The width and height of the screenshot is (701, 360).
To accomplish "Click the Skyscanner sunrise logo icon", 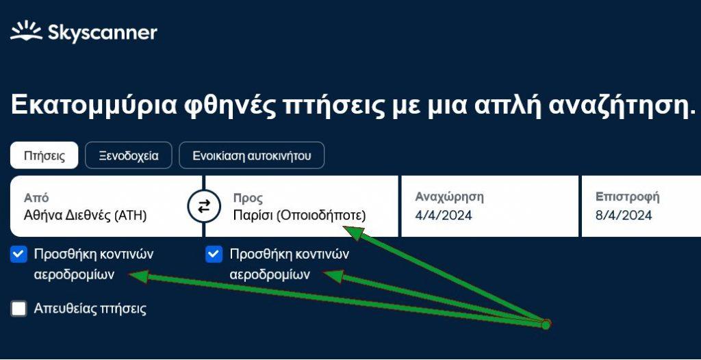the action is (x=26, y=31).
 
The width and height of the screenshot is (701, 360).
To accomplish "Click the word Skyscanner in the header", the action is (x=103, y=33).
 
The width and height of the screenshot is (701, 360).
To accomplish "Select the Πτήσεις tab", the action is (x=44, y=155).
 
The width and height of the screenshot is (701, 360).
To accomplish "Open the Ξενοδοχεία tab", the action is (x=128, y=155).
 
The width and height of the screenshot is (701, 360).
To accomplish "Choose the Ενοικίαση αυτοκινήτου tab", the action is (x=252, y=155).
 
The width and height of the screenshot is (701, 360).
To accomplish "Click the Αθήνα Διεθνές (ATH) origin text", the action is (x=86, y=216).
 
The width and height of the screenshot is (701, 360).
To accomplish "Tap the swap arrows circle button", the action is (x=204, y=206).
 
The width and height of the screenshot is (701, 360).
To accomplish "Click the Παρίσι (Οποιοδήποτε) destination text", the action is (x=300, y=216).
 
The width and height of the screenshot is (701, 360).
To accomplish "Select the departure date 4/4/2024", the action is (x=444, y=216).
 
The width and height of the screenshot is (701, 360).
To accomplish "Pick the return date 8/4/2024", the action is (x=624, y=215).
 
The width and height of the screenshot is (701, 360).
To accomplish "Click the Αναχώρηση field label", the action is (x=449, y=197).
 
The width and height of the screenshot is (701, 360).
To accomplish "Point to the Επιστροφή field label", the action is (x=627, y=197).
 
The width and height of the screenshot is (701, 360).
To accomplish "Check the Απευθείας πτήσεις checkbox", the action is (x=18, y=309).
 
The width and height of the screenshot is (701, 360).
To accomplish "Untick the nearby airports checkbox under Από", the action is (x=18, y=255).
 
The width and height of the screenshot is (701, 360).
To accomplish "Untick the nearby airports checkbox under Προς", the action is (x=214, y=255).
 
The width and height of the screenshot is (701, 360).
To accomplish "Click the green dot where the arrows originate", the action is (x=546, y=324).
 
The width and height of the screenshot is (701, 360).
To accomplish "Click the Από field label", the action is (x=36, y=198).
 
